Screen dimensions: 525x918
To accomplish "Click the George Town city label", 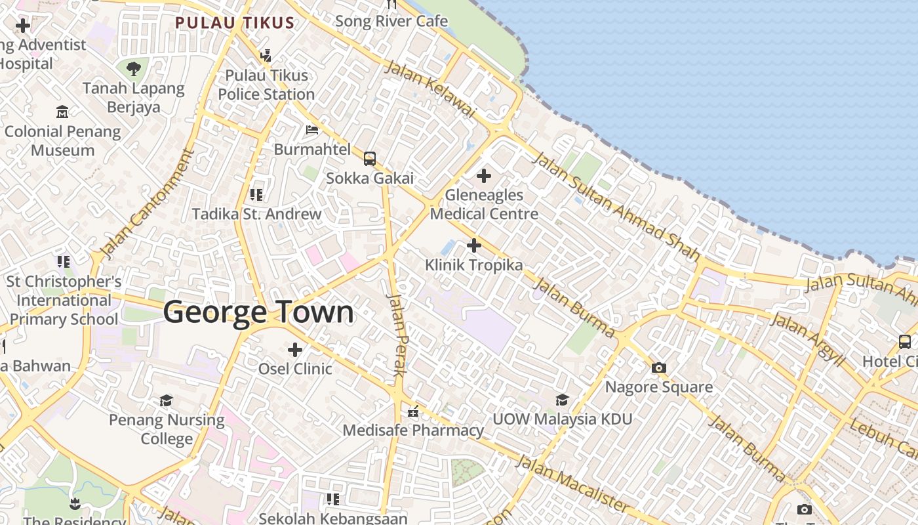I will click(x=258, y=312).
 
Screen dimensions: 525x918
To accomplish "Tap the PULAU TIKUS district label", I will click(x=235, y=23).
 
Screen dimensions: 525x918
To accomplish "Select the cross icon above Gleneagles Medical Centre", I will click(x=484, y=176).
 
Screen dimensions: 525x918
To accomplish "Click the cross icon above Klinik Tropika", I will click(x=473, y=245).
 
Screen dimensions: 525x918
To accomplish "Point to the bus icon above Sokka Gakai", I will click(x=370, y=159).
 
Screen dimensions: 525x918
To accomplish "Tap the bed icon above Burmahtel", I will click(x=312, y=130).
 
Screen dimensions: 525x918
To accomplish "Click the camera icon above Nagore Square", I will click(x=659, y=368).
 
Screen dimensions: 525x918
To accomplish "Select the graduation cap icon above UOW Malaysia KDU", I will click(x=562, y=400).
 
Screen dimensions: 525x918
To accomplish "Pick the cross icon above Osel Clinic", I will click(x=295, y=350).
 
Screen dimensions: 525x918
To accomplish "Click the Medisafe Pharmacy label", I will click(x=413, y=430).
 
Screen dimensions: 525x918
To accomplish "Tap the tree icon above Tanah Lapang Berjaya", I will click(x=134, y=68).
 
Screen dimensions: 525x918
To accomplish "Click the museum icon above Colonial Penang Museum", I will click(x=62, y=112).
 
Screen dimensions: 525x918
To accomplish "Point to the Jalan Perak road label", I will click(x=398, y=335).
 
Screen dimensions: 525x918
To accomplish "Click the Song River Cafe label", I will click(x=391, y=21).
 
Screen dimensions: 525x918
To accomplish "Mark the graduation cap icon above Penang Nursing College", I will click(x=167, y=401).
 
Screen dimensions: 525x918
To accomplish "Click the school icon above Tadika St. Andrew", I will click(x=256, y=195).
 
